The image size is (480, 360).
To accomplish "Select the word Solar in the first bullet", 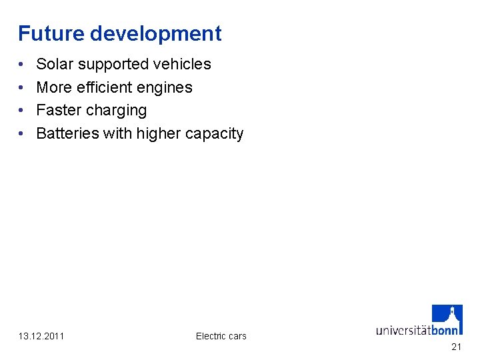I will click(x=55, y=64).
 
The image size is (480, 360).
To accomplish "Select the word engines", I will click(x=167, y=88).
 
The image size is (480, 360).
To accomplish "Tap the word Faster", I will click(x=58, y=110).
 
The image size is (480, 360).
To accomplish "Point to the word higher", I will click(x=159, y=134).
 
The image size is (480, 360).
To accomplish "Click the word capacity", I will click(x=215, y=134).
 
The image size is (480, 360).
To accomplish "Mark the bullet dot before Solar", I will click(x=22, y=65).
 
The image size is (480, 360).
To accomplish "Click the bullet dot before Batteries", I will click(x=22, y=134).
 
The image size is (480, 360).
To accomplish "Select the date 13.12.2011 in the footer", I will click(x=42, y=336).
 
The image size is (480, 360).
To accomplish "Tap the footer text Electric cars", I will click(x=221, y=336).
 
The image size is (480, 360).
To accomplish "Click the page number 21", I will click(x=456, y=347).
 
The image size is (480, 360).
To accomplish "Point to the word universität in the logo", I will click(x=403, y=329).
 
